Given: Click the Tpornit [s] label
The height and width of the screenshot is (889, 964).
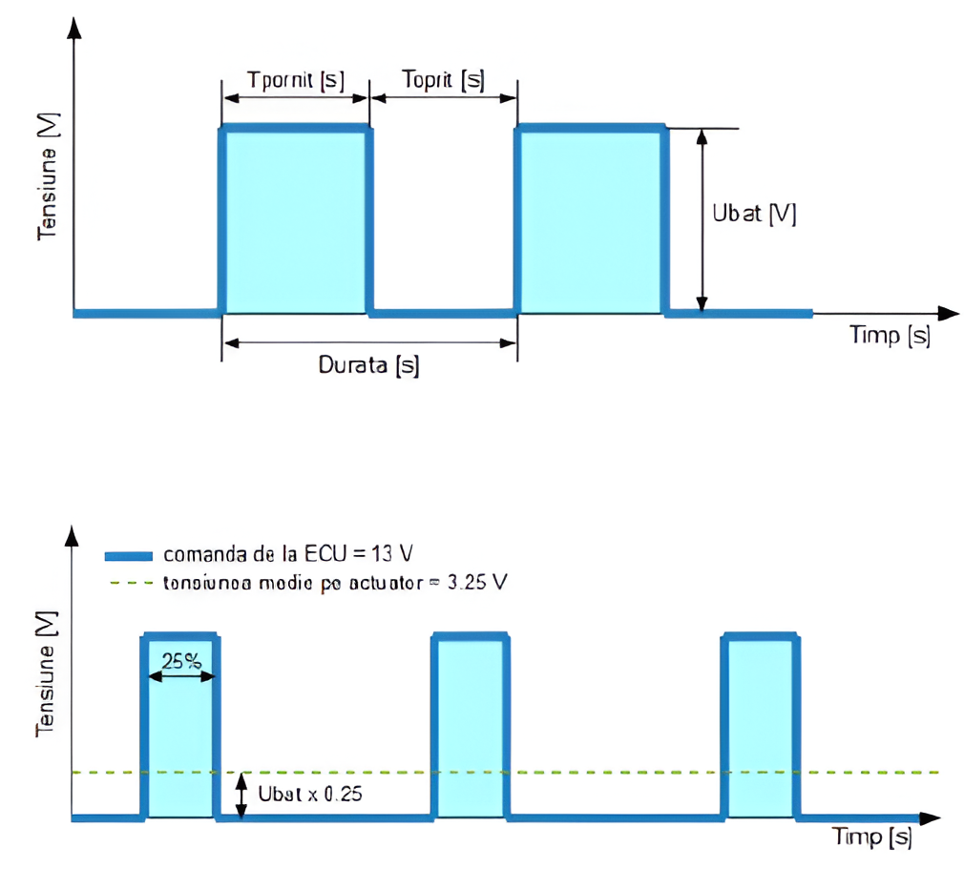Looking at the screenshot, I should (295, 79).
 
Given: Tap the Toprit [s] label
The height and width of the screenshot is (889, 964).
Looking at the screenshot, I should (443, 79).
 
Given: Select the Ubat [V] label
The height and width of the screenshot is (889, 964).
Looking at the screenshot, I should (754, 214).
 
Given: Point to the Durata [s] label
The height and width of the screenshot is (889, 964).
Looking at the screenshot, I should (368, 364).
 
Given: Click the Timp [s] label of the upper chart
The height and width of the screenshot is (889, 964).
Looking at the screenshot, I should (890, 336).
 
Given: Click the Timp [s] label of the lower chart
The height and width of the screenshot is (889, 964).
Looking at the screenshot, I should (871, 837).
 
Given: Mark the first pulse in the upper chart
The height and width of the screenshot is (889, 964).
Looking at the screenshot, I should (296, 219).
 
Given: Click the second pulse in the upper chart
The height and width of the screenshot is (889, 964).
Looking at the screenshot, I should (590, 219).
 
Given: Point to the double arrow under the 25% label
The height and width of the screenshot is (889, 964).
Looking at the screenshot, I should (182, 675).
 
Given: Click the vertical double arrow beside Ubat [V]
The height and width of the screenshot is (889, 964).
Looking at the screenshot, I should (702, 219).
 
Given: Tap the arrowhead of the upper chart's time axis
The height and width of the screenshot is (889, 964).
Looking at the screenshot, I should (947, 313).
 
